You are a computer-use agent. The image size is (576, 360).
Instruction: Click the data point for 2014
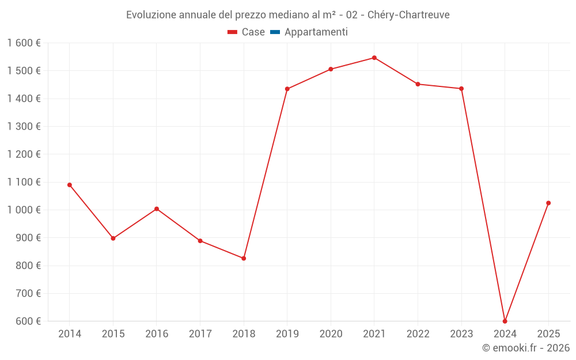pyautogui.click(x=70, y=185)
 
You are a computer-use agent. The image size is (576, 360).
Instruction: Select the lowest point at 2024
pyautogui.click(x=505, y=321)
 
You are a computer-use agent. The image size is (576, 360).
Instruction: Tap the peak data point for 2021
pyautogui.click(x=374, y=58)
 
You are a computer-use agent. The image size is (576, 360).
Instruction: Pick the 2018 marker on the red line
pyautogui.click(x=244, y=258)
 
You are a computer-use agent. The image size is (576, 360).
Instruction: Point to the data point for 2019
pyautogui.click(x=287, y=89)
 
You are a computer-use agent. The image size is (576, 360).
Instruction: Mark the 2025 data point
pyautogui.click(x=548, y=203)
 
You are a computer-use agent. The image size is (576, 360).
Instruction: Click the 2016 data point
pyautogui.click(x=157, y=209)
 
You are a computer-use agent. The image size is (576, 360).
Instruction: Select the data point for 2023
pyautogui.click(x=461, y=89)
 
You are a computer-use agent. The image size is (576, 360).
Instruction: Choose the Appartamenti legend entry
pyautogui.click(x=316, y=32)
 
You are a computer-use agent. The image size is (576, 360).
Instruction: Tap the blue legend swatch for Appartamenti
pyautogui.click(x=275, y=32)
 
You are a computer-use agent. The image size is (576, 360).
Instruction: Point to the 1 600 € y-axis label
pyautogui.click(x=24, y=43)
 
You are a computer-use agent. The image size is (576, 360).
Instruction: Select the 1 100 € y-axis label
pyautogui.click(x=24, y=182)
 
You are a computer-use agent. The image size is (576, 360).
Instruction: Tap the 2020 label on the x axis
pyautogui.click(x=331, y=334)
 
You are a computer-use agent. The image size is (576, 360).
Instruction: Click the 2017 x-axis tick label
pyautogui.click(x=200, y=334)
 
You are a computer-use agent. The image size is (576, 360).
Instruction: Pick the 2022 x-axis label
pyautogui.click(x=418, y=334)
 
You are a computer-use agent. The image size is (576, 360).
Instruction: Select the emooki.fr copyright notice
pyautogui.click(x=525, y=348)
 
